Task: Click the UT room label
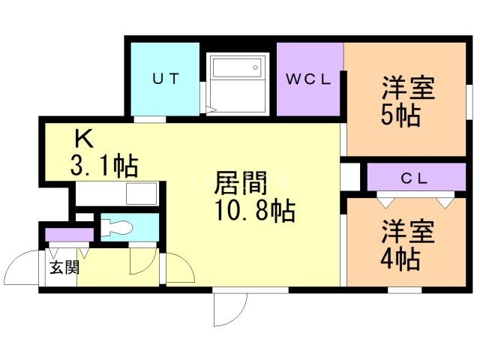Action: click(166, 79)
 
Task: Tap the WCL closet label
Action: click(308, 79)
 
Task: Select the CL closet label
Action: click(414, 178)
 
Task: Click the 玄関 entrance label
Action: click(64, 267)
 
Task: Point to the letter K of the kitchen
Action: click(84, 139)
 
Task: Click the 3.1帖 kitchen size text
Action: click(104, 166)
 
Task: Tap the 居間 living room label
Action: click(241, 183)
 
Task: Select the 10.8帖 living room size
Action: click(255, 211)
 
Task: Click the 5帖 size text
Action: click(400, 115)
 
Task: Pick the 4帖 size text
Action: click(400, 259)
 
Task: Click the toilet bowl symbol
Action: click(117, 228)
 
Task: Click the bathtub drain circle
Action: click(255, 67)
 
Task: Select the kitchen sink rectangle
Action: click(142, 193)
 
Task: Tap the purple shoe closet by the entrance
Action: click(69, 235)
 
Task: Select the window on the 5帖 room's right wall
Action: click(469, 102)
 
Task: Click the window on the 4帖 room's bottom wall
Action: click(405, 289)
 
